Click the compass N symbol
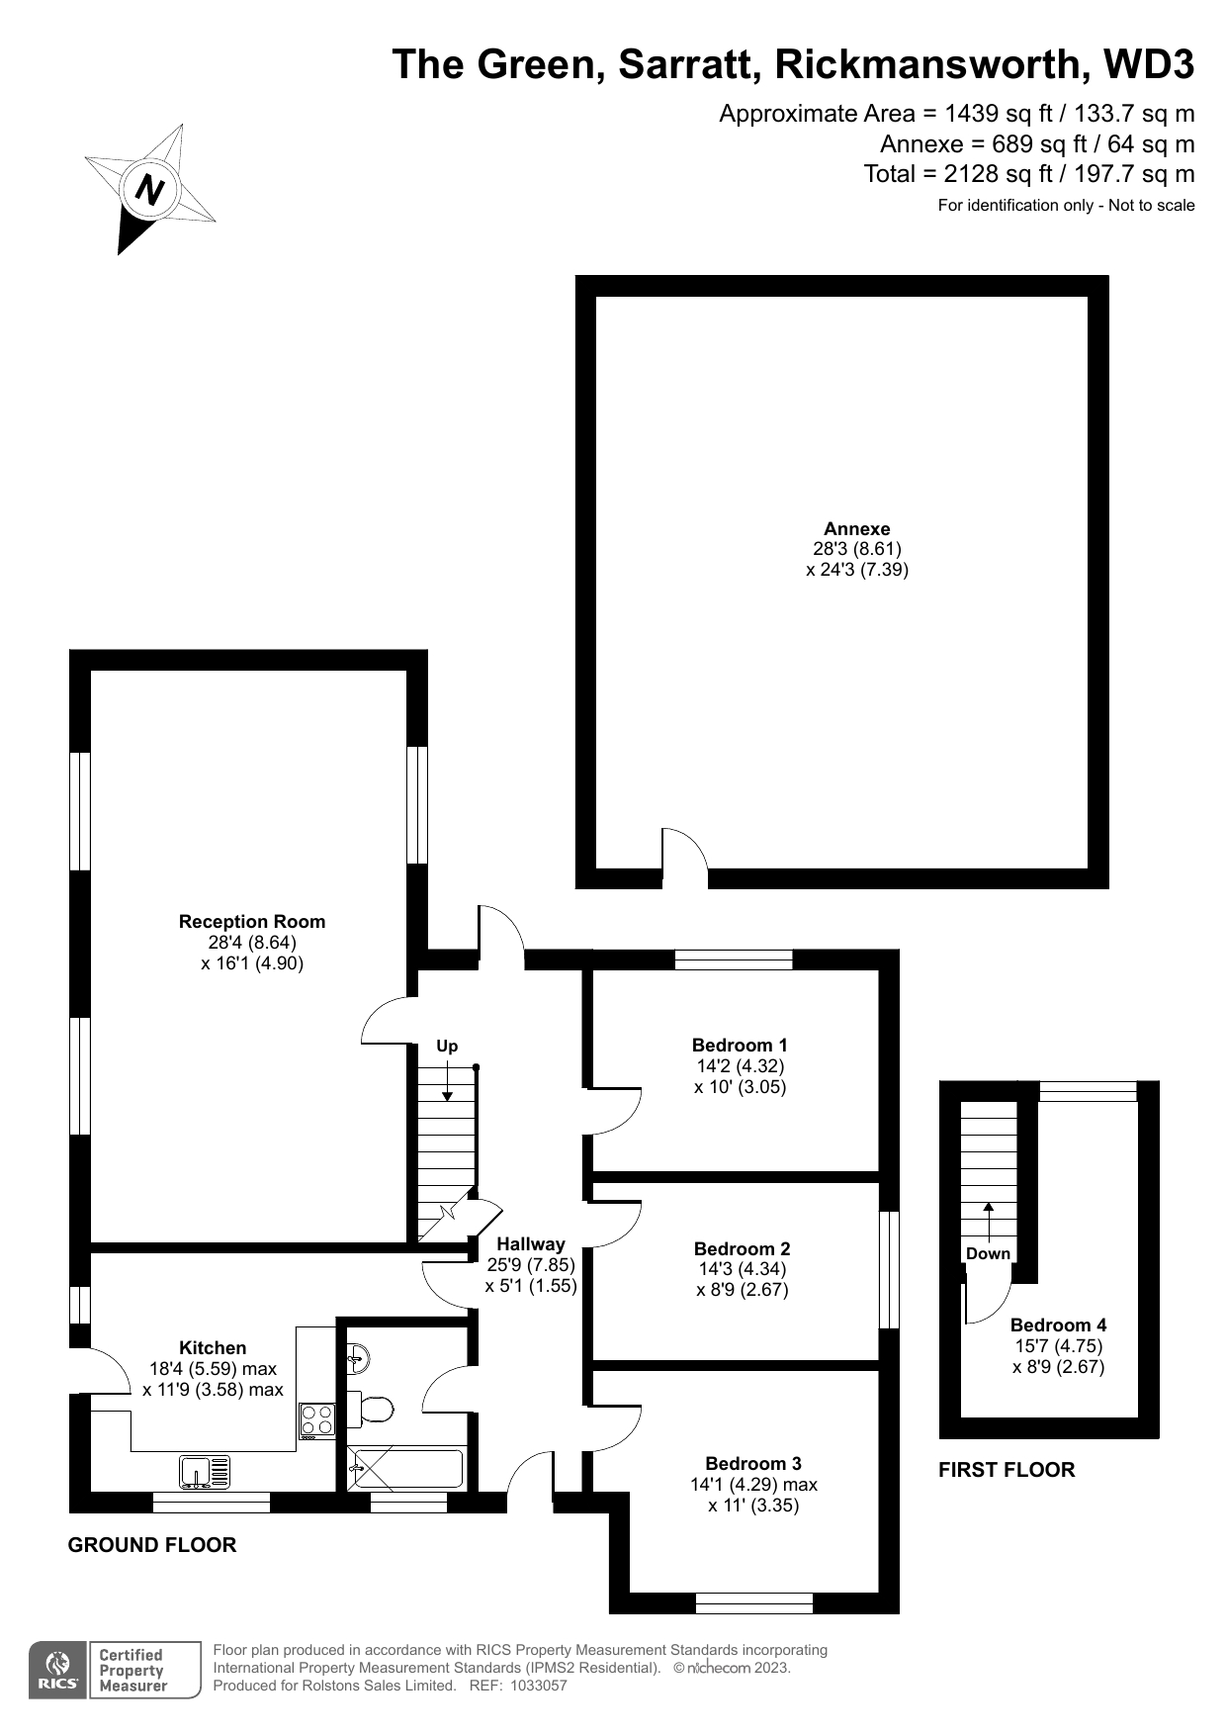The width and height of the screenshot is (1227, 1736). click(149, 189)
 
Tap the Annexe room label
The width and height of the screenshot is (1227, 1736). click(857, 529)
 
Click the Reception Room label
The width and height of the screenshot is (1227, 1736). click(252, 922)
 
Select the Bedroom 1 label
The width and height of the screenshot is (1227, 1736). click(740, 1046)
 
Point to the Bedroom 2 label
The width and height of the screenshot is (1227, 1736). click(742, 1249)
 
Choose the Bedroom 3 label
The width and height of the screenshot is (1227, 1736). click(753, 1464)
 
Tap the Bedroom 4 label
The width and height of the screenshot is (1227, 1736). click(1058, 1325)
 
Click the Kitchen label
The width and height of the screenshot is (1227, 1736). click(213, 1348)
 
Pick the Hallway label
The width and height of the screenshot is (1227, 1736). click(531, 1244)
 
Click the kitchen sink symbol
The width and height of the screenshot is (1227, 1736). click(205, 1472)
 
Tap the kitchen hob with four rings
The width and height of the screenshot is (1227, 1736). click(316, 1421)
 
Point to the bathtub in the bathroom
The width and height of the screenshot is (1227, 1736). click(405, 1469)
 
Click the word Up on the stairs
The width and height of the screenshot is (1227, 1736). click(447, 1047)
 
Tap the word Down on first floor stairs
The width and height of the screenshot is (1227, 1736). click(988, 1254)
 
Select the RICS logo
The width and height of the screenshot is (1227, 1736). click(59, 1671)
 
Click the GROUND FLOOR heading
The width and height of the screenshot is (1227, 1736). click(152, 1545)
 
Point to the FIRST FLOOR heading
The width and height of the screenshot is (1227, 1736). click(1007, 1470)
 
